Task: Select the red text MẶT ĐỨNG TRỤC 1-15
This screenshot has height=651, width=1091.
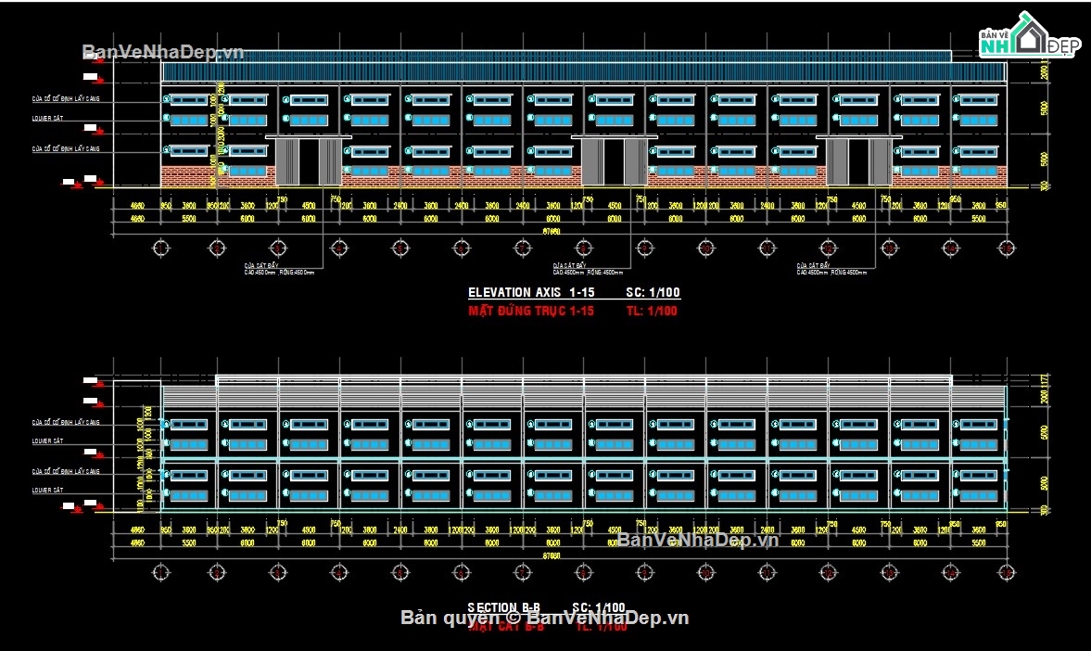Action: pos(531,311)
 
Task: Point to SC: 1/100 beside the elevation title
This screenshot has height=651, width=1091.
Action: pos(653,293)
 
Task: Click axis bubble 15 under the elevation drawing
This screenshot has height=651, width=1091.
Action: pos(1006,248)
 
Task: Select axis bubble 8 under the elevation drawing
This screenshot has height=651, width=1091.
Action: pos(583,248)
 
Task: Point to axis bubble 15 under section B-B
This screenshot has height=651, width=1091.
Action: pos(1006,571)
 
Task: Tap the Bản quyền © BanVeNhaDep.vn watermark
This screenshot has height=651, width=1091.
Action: pos(545,617)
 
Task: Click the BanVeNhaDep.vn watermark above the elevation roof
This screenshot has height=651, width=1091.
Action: pos(163,52)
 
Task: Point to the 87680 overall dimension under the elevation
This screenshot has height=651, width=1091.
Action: pos(551,231)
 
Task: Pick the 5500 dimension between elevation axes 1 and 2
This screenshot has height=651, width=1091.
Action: pos(189,219)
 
